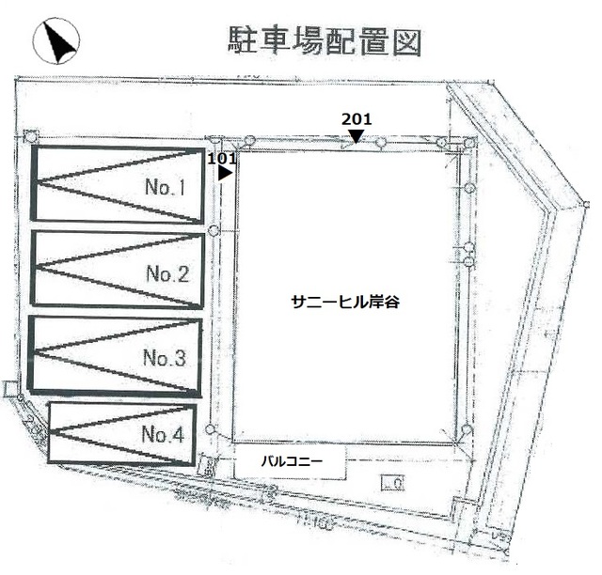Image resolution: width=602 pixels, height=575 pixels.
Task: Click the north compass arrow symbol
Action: coord(57,41)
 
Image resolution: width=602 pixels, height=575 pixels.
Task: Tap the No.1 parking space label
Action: coord(166,187)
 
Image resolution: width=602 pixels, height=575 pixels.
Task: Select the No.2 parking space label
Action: coord(167,274)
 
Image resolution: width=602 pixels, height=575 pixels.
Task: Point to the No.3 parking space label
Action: coord(165,358)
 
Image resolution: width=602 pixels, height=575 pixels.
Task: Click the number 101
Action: coord(221,159)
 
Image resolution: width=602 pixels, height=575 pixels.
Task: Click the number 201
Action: coord(356,118)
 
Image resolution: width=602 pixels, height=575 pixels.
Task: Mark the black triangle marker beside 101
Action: coord(225,173)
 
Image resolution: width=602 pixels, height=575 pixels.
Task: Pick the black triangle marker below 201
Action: coord(356,136)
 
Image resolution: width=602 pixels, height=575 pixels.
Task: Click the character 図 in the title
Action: coord(407,41)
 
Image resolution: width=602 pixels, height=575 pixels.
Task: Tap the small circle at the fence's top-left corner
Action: coord(31,136)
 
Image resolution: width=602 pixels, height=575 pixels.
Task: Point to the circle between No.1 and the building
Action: coord(214,230)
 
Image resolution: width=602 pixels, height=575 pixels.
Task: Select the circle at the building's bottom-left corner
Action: coord(210,430)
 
